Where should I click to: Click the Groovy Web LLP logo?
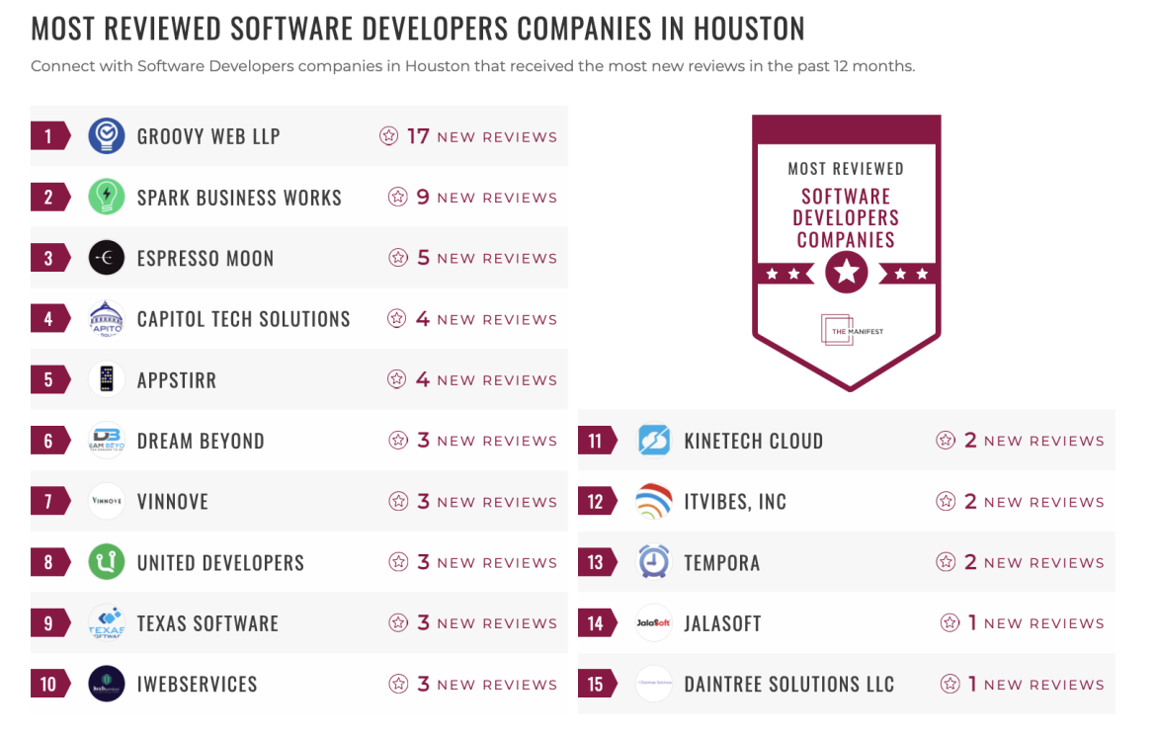coord(107,136)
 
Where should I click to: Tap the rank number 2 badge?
coord(48,197)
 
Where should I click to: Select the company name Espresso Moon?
coord(206,259)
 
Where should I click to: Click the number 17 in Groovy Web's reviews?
coord(418,136)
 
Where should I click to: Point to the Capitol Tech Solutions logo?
coord(107,319)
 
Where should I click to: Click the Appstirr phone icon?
coord(107,380)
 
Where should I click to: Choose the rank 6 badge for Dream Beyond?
coord(48,441)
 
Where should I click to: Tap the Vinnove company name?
coord(173,502)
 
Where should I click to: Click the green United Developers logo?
coord(107,562)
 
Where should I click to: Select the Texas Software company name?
coord(207,623)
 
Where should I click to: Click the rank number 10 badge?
coord(48,684)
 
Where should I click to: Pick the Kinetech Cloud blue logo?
coord(654,441)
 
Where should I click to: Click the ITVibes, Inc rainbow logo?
coord(654,502)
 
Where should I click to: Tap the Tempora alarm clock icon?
coord(654,562)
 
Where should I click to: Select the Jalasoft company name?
coord(722,623)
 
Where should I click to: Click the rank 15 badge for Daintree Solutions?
coord(596,684)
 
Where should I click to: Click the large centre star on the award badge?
coord(847,272)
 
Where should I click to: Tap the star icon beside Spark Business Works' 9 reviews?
coord(398,198)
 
